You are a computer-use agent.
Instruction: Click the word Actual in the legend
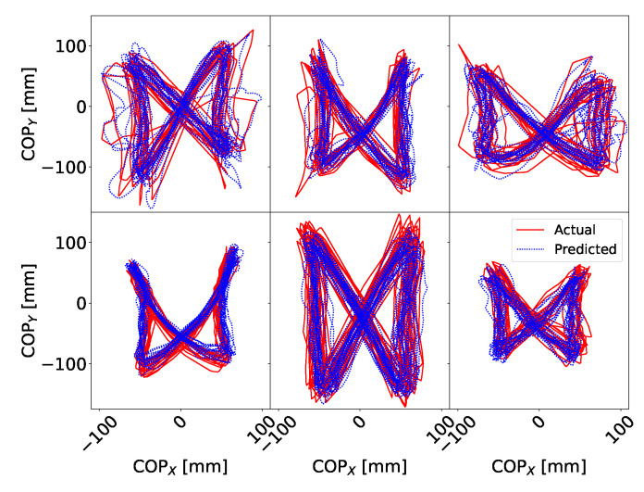(576, 230)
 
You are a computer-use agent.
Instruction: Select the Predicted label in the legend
(586, 248)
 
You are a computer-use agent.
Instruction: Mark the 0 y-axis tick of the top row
(80, 107)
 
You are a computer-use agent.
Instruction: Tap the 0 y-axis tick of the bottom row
(80, 303)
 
